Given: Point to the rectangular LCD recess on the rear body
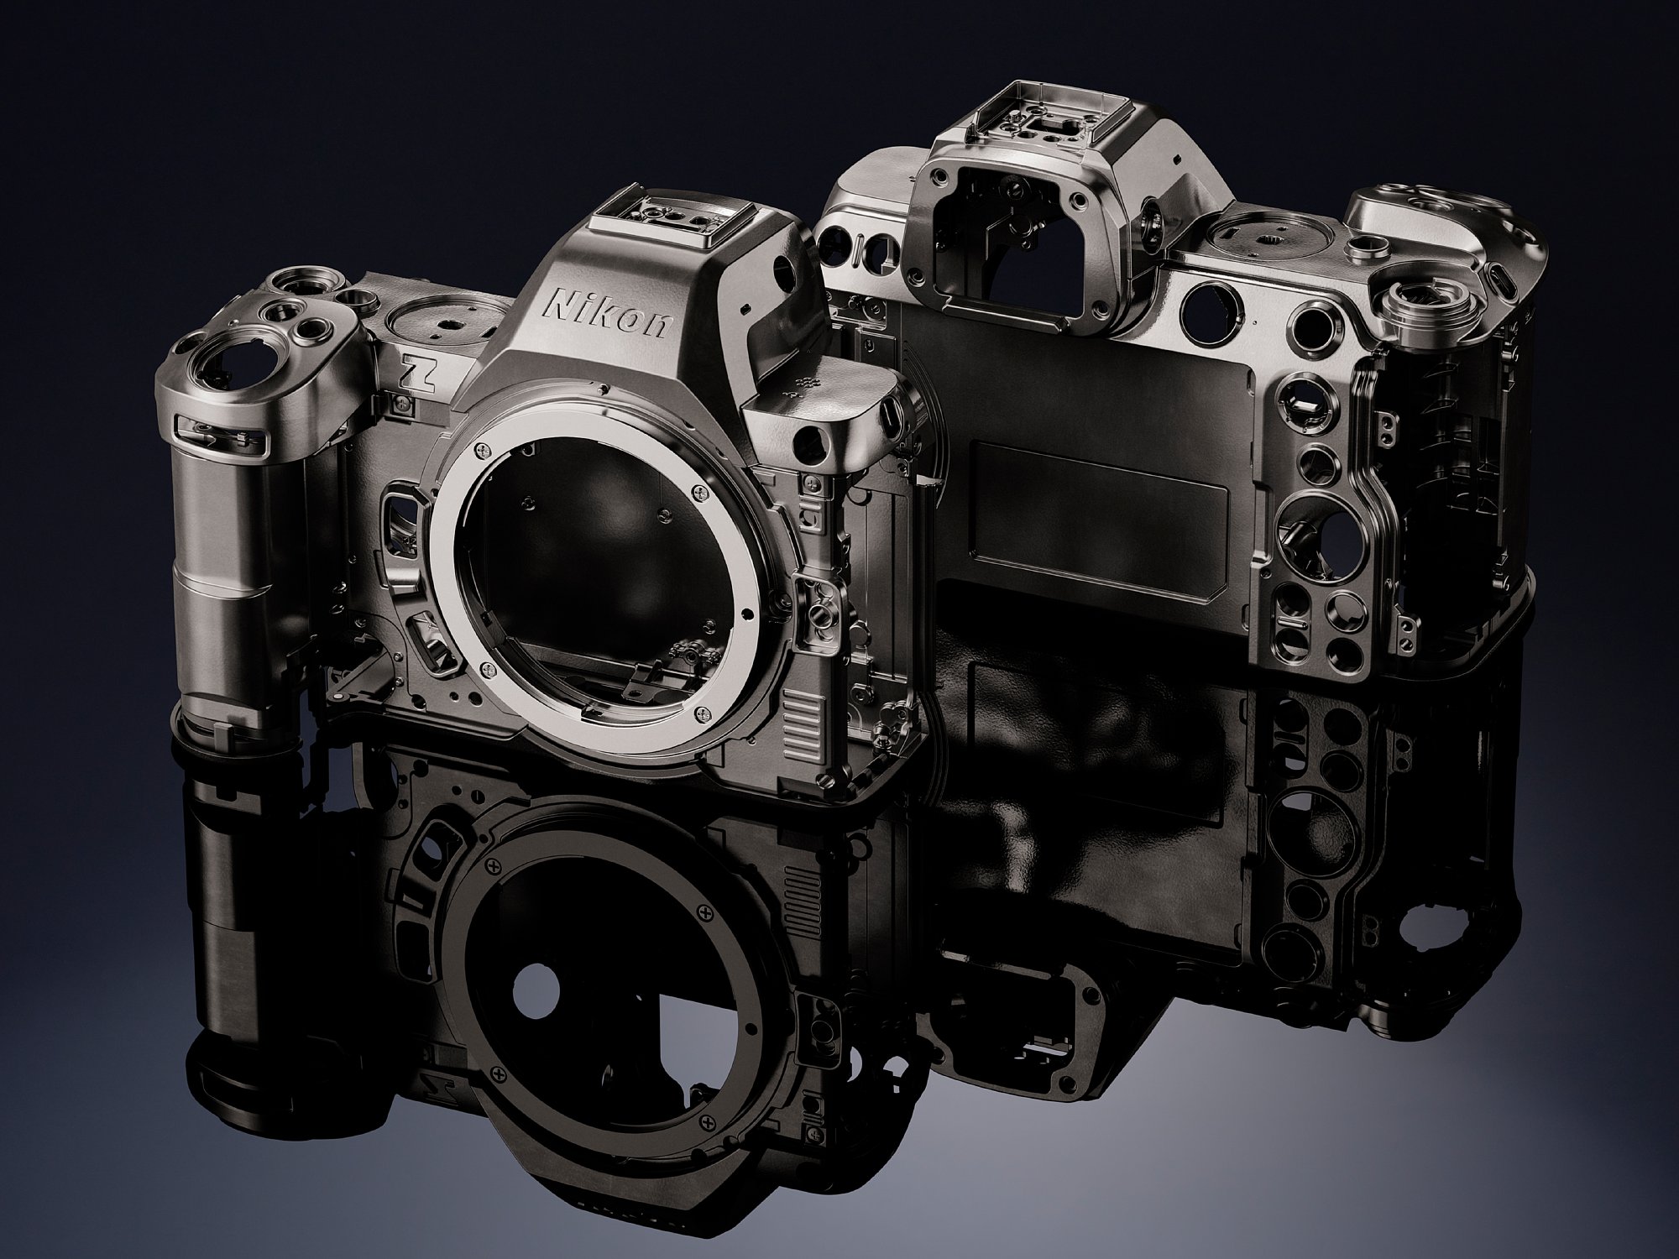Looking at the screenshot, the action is [1100, 499].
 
